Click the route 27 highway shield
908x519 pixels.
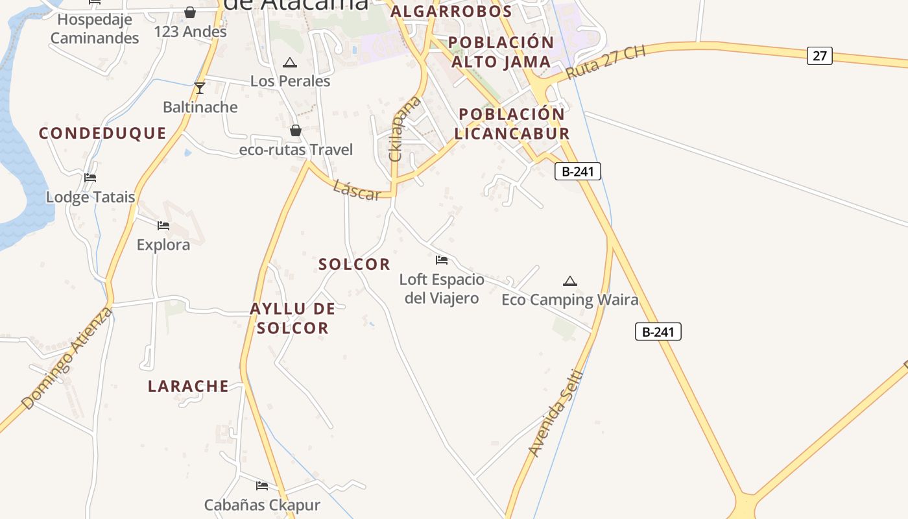pyautogui.click(x=820, y=56)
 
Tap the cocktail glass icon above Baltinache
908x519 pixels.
pyautogui.click(x=200, y=88)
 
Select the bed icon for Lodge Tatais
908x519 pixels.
pyautogui.click(x=90, y=177)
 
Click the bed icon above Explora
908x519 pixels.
pyautogui.click(x=163, y=226)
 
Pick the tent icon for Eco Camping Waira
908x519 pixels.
pyautogui.click(x=570, y=281)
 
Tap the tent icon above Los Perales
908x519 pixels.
pyautogui.click(x=289, y=62)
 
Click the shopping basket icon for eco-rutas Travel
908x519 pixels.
pyautogui.click(x=296, y=130)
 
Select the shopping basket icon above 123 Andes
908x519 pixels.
pyautogui.click(x=190, y=12)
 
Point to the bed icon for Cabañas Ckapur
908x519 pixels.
pyautogui.click(x=262, y=485)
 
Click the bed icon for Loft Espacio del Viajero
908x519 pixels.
pyautogui.click(x=442, y=260)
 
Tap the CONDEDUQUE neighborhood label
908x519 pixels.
pyautogui.click(x=102, y=134)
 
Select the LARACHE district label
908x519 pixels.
pyautogui.click(x=188, y=386)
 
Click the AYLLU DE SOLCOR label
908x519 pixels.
pyautogui.click(x=293, y=318)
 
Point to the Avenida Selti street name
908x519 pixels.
pyautogui.click(x=556, y=413)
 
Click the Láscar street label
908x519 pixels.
pyautogui.click(x=356, y=190)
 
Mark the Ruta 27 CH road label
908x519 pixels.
pyautogui.click(x=606, y=63)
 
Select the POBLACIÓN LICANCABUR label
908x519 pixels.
pyautogui.click(x=512, y=123)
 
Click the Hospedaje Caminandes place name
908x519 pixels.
pyautogui.click(x=95, y=29)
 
